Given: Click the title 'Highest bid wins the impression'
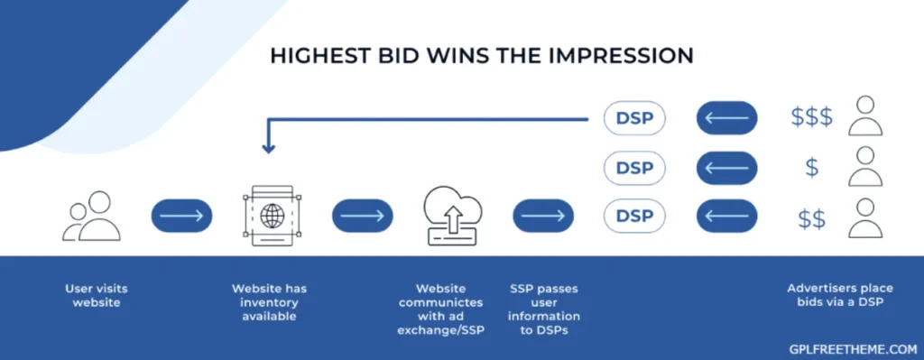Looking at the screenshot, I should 482,56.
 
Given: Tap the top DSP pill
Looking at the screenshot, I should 633,117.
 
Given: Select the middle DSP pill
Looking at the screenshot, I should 633,167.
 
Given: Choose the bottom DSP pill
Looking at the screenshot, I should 633,217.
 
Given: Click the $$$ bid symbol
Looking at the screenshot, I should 811,117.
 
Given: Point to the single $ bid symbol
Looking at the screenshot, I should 811,167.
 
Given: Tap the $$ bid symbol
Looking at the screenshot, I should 811,217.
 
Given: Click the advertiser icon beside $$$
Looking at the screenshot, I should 864,115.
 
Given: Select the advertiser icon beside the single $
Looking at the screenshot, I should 864,166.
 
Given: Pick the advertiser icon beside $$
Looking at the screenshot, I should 864,217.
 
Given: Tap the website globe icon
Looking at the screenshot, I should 272,217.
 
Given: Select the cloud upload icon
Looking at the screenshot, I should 453,217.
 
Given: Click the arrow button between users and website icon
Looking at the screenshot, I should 181,217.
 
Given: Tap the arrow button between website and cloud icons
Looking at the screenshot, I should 362,217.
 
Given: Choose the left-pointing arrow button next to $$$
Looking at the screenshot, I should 726,117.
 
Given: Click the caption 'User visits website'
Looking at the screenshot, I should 96,295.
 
